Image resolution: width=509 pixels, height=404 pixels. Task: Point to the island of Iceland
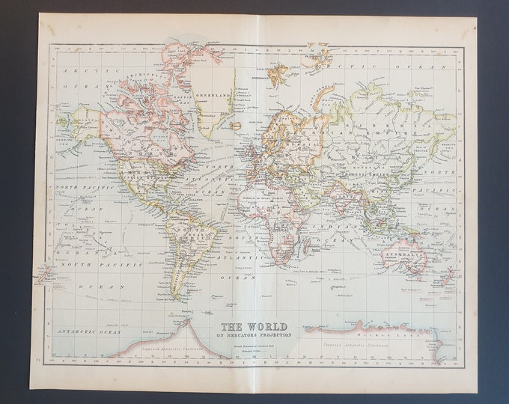[x=237, y=126]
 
